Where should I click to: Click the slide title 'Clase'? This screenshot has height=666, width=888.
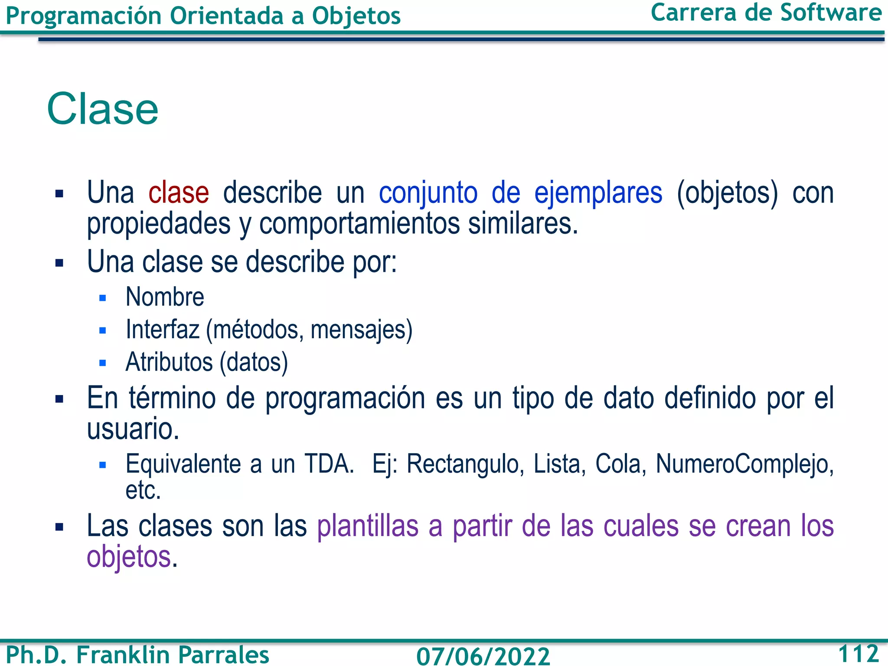pyautogui.click(x=103, y=109)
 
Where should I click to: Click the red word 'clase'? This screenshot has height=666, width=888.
pyautogui.click(x=179, y=193)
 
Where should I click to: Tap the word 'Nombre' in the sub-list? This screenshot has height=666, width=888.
pyautogui.click(x=165, y=297)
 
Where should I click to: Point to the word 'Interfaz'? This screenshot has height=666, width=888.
pyautogui.click(x=162, y=330)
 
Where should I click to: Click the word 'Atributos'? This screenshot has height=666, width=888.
pyautogui.click(x=169, y=362)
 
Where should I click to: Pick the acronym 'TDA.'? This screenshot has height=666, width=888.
pyautogui.click(x=329, y=464)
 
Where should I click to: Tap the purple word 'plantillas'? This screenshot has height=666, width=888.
pyautogui.click(x=368, y=526)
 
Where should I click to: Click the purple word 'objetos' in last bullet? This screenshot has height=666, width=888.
pyautogui.click(x=129, y=558)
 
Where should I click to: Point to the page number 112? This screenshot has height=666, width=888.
pyautogui.click(x=858, y=653)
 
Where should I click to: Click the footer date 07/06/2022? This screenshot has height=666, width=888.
pyautogui.click(x=483, y=656)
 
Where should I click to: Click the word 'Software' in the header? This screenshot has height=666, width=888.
pyautogui.click(x=831, y=13)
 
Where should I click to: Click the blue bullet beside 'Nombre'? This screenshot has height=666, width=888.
pyautogui.click(x=103, y=298)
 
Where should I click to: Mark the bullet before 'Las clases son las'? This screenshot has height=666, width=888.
pyautogui.click(x=59, y=527)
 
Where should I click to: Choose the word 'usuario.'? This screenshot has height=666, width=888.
pyautogui.click(x=133, y=429)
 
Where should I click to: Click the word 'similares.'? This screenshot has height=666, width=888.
pyautogui.click(x=523, y=224)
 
